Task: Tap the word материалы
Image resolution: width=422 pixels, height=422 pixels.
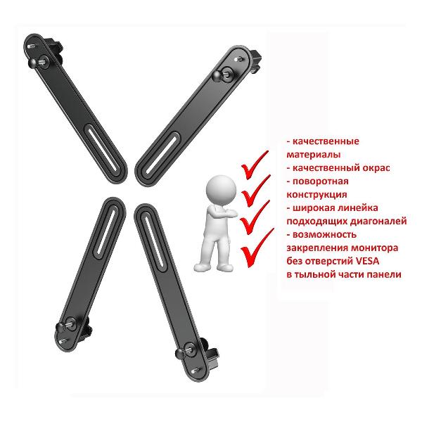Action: (x=314, y=155)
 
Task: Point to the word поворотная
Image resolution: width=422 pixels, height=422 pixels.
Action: (x=321, y=181)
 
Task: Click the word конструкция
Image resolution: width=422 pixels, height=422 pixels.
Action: (x=316, y=195)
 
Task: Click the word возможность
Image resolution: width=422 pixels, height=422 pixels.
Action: (x=324, y=235)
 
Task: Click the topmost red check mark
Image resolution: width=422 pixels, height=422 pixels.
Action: (x=254, y=165)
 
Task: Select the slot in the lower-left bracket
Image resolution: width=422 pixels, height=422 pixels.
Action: (x=105, y=231)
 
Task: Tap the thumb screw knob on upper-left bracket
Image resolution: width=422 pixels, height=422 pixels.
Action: (x=34, y=63)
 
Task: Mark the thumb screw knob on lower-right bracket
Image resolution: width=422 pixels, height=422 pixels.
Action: (x=181, y=353)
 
